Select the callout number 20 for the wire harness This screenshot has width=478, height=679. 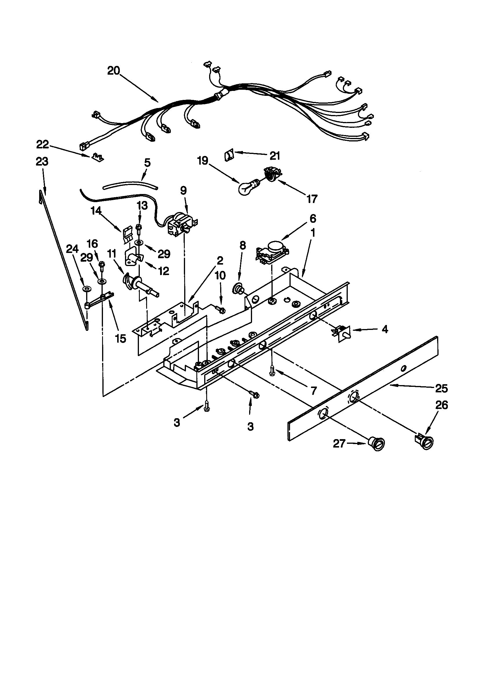(x=113, y=71)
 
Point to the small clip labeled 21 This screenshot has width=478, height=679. (x=228, y=155)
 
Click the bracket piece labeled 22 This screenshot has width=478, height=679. (x=97, y=157)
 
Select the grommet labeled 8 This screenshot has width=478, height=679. (x=237, y=288)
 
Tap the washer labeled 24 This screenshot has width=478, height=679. (x=87, y=289)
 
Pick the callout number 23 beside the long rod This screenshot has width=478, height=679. (x=42, y=162)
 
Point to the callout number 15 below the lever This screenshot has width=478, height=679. (x=120, y=338)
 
